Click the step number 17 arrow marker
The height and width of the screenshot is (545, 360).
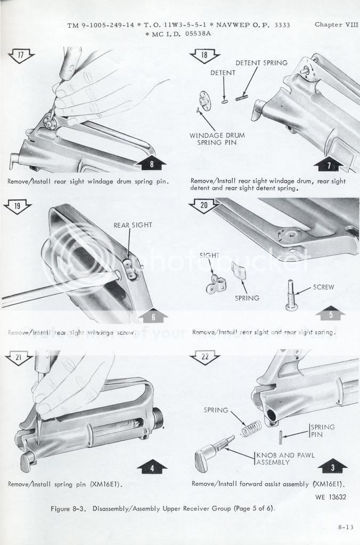pos(19,54)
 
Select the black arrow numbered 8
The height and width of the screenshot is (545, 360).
pos(151,164)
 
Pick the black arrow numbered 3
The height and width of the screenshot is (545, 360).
pos(333,468)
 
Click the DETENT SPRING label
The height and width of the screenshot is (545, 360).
pos(261,63)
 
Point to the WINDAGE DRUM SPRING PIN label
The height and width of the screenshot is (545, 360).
pos(213,139)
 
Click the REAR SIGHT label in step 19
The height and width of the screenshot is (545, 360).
pos(133,225)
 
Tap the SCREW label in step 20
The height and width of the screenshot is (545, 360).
pos(324,287)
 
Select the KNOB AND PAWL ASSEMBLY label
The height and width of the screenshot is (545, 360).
pos(273,459)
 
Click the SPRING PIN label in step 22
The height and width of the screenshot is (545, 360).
pos(323,431)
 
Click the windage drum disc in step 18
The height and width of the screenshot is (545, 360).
pos(205,101)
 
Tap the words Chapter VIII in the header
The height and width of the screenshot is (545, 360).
pos(337,24)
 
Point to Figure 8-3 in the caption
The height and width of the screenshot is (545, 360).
pos(70,508)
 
